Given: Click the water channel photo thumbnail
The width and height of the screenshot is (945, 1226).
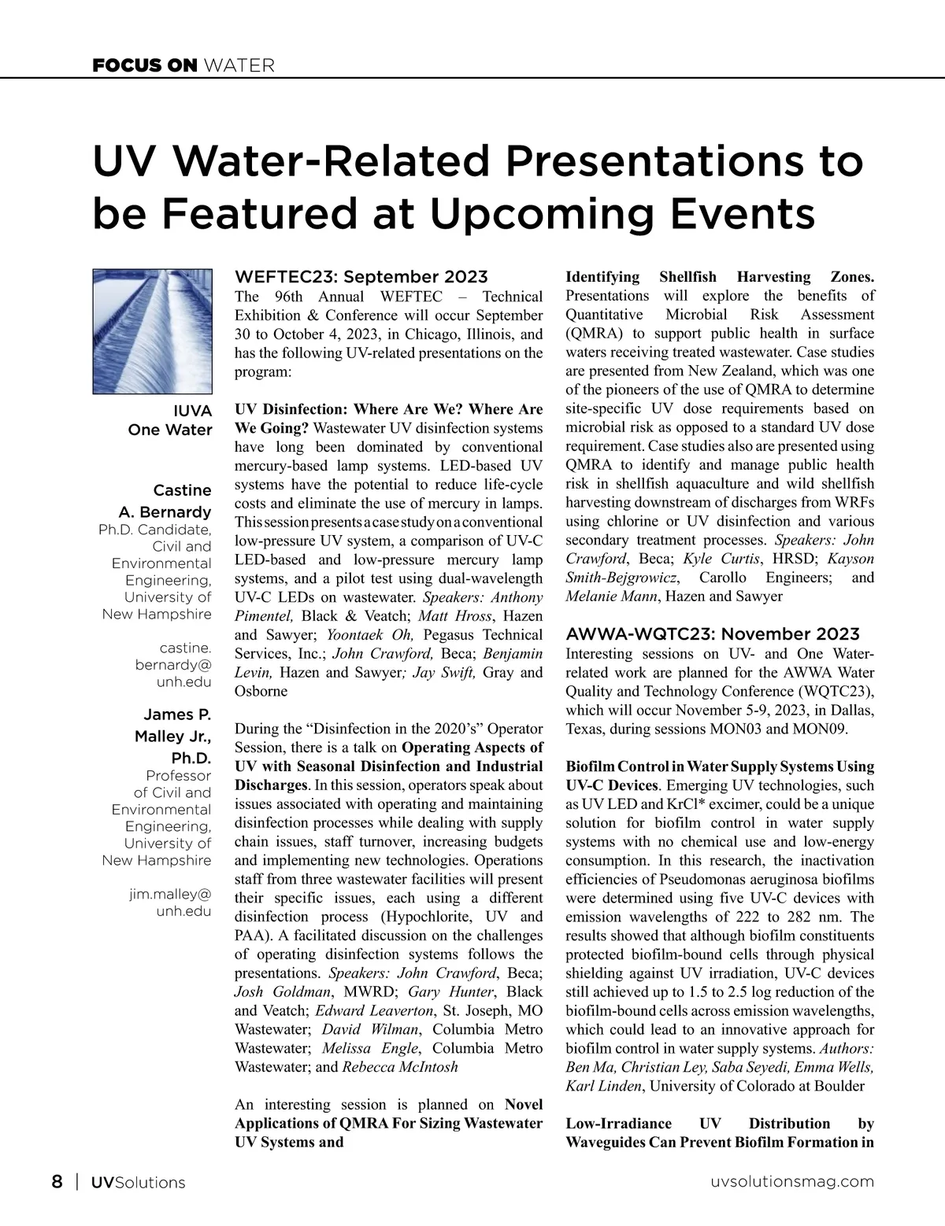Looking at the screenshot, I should point(153,331).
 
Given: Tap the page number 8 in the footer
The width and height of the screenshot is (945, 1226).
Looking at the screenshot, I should point(57,1182).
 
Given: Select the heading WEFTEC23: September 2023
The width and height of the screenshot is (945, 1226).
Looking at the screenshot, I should point(361,277).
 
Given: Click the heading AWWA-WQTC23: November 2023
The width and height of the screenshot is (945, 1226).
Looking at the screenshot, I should point(713,634).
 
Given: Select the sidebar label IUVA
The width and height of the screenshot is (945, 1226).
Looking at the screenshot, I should point(192,412).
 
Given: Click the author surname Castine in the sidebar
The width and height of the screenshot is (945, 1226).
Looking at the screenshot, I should point(182,490).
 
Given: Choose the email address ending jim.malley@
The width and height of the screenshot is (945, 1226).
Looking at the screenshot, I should point(170,894).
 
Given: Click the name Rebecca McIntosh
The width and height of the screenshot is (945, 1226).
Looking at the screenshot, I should point(400,1067).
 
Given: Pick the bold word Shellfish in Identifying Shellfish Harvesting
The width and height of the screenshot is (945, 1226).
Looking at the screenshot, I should point(687,277).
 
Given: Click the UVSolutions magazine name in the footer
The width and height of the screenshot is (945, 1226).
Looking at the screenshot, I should point(138,1182).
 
